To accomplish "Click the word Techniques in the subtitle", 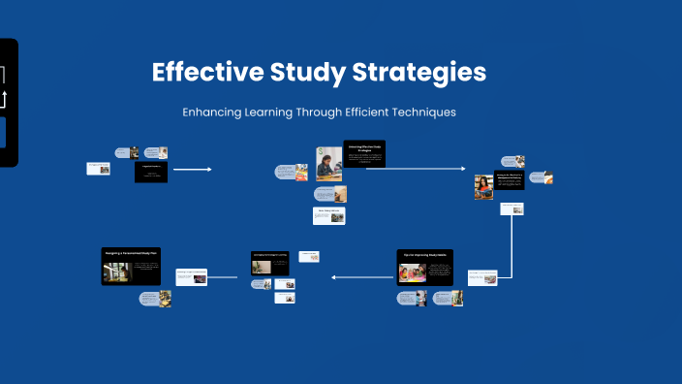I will coord(420,112).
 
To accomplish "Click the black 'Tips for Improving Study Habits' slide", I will coord(425,267).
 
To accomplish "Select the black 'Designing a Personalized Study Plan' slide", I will coord(131,266).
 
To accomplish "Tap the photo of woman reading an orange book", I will coord(483,187).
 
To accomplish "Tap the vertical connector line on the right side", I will coord(511,242).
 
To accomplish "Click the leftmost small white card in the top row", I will coord(98,169).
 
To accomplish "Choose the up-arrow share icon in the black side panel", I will coord(2,99).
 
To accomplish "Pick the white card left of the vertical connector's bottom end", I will coord(483,277).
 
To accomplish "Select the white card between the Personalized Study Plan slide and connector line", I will coord(191,277).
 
